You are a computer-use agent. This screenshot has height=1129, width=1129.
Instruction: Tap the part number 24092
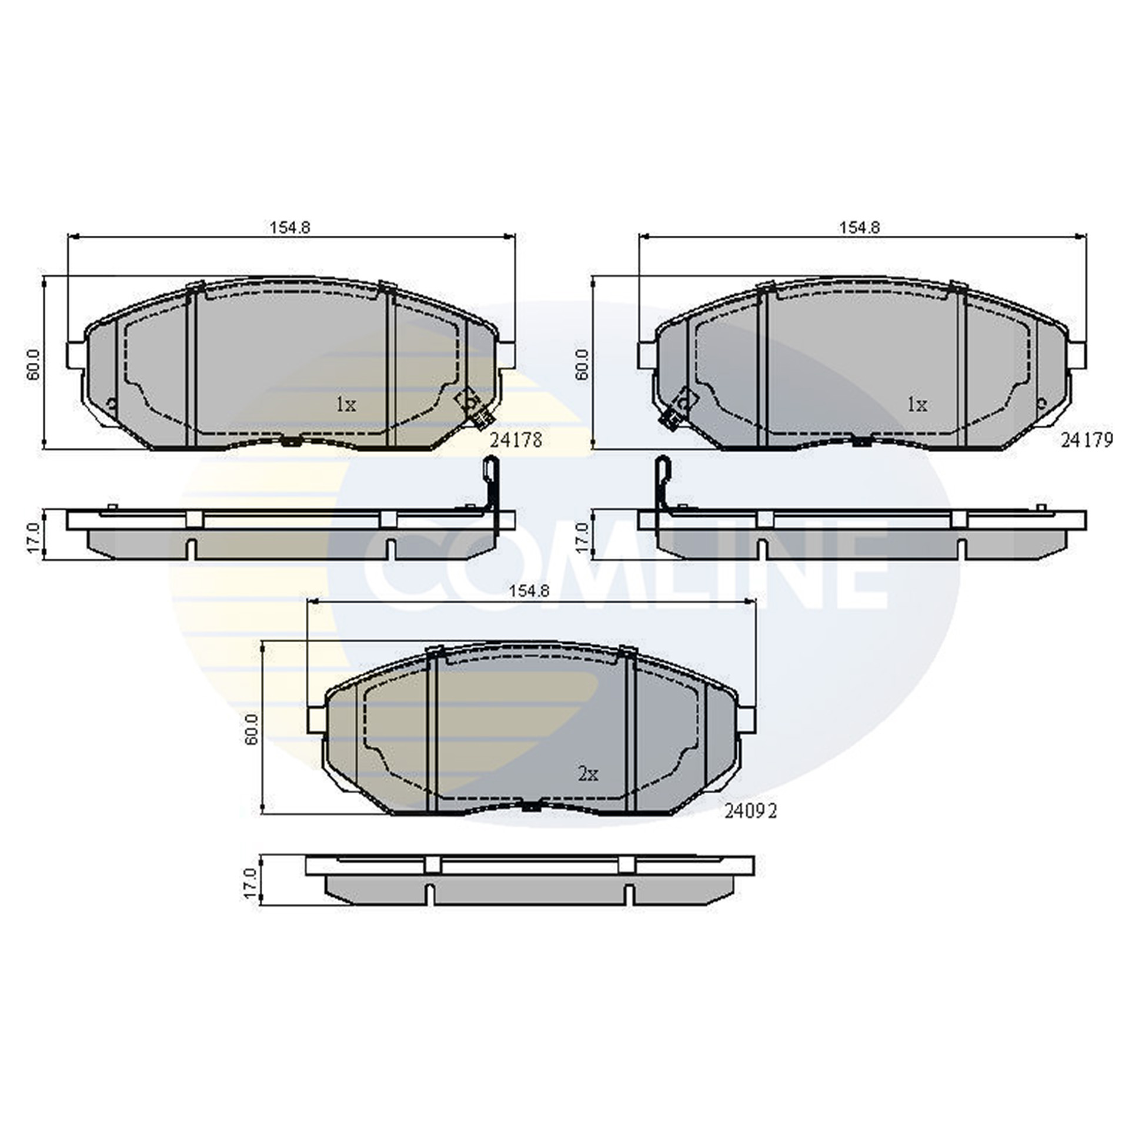tap(751, 811)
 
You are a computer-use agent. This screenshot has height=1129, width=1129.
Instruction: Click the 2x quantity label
tap(587, 774)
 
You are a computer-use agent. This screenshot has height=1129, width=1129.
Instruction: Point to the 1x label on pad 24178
tap(346, 404)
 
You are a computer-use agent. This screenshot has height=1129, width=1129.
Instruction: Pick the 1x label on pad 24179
tap(917, 404)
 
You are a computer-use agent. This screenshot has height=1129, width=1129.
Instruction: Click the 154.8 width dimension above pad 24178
tap(290, 227)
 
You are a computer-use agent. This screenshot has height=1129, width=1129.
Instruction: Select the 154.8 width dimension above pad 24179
tap(860, 227)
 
